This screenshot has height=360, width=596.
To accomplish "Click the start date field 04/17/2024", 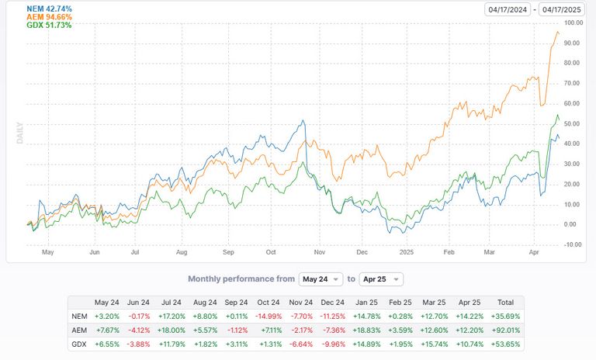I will coord(508,9).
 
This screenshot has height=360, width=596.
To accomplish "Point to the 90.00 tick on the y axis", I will coord(573,43).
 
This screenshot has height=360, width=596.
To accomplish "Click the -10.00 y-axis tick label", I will coord(572,244).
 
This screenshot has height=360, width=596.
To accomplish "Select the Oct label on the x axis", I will coord(271,252).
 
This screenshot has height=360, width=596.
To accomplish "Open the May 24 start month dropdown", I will coord(320,279).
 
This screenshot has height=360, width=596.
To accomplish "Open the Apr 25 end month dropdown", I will coord(379,279).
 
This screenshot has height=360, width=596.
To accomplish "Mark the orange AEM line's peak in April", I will coord(556,32).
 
